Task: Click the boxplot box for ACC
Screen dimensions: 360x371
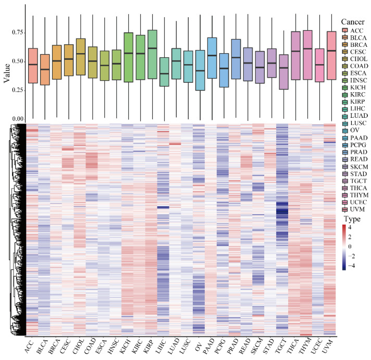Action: [x=32, y=66]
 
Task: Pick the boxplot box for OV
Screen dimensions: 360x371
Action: [x=199, y=70]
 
